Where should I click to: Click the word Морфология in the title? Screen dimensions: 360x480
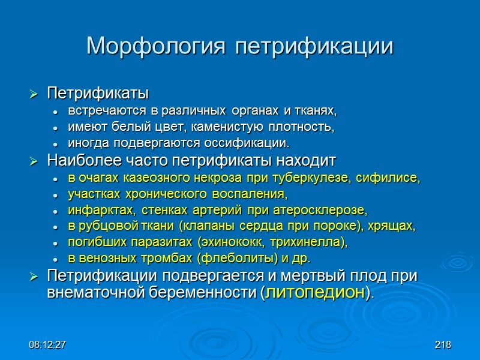[x=158, y=46]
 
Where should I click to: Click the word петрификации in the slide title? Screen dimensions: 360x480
[x=314, y=46]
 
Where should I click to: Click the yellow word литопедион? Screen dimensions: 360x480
[x=315, y=293]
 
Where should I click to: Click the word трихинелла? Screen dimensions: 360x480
[x=311, y=242]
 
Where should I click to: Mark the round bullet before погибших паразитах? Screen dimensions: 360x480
[x=55, y=243]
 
